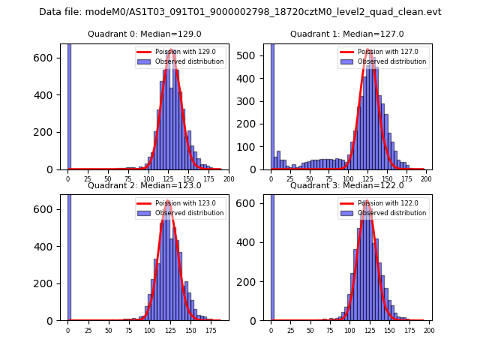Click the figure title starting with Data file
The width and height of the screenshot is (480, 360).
click(240, 12)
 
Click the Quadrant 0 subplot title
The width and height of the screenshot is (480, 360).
click(145, 34)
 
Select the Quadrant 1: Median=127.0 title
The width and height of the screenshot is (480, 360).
click(347, 34)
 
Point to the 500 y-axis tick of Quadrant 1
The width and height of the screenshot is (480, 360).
click(253, 55)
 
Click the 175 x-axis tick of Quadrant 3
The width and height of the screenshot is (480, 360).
click(409, 330)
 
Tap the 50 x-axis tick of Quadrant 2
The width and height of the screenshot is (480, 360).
click(108, 330)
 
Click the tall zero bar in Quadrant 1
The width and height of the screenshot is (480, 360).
click(271, 105)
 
